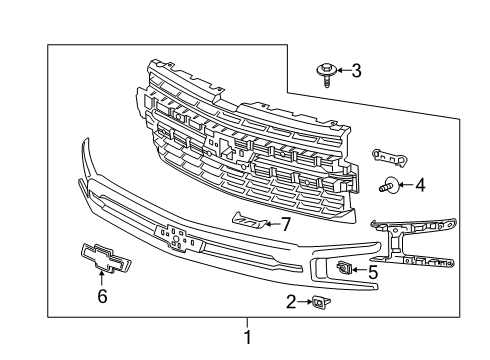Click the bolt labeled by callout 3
[328, 72]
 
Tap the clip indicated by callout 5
[344, 267]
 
